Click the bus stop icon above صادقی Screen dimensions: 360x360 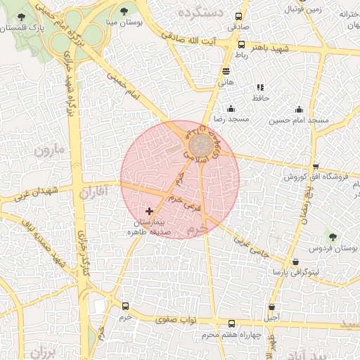(x=240, y=15)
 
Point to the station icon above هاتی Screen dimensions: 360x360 (x=226, y=71)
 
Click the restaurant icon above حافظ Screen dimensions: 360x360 (x=260, y=87)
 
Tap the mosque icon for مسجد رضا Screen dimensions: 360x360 (x=231, y=108)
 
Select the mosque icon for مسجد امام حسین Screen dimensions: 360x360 (x=299, y=109)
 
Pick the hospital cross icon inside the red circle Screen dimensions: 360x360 (x=148, y=211)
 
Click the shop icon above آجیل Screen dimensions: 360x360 (x=272, y=307)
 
